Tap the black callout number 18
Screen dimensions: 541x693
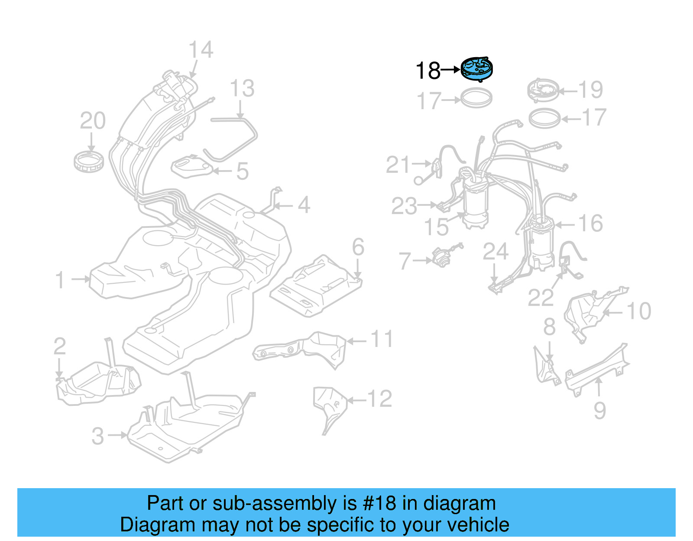tap(427, 71)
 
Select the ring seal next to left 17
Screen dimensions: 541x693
tap(476, 98)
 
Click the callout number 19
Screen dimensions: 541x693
tap(591, 90)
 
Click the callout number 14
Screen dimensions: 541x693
tap(201, 50)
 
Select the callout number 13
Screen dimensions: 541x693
tap(242, 89)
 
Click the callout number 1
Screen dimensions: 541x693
tap(60, 280)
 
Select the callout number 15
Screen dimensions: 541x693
tap(436, 227)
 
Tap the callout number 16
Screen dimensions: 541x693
tap(590, 224)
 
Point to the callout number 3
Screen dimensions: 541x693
tap(98, 436)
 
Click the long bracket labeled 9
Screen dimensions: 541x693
tap(598, 366)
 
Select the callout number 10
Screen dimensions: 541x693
tap(639, 311)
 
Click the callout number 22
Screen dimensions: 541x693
tap(541, 298)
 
